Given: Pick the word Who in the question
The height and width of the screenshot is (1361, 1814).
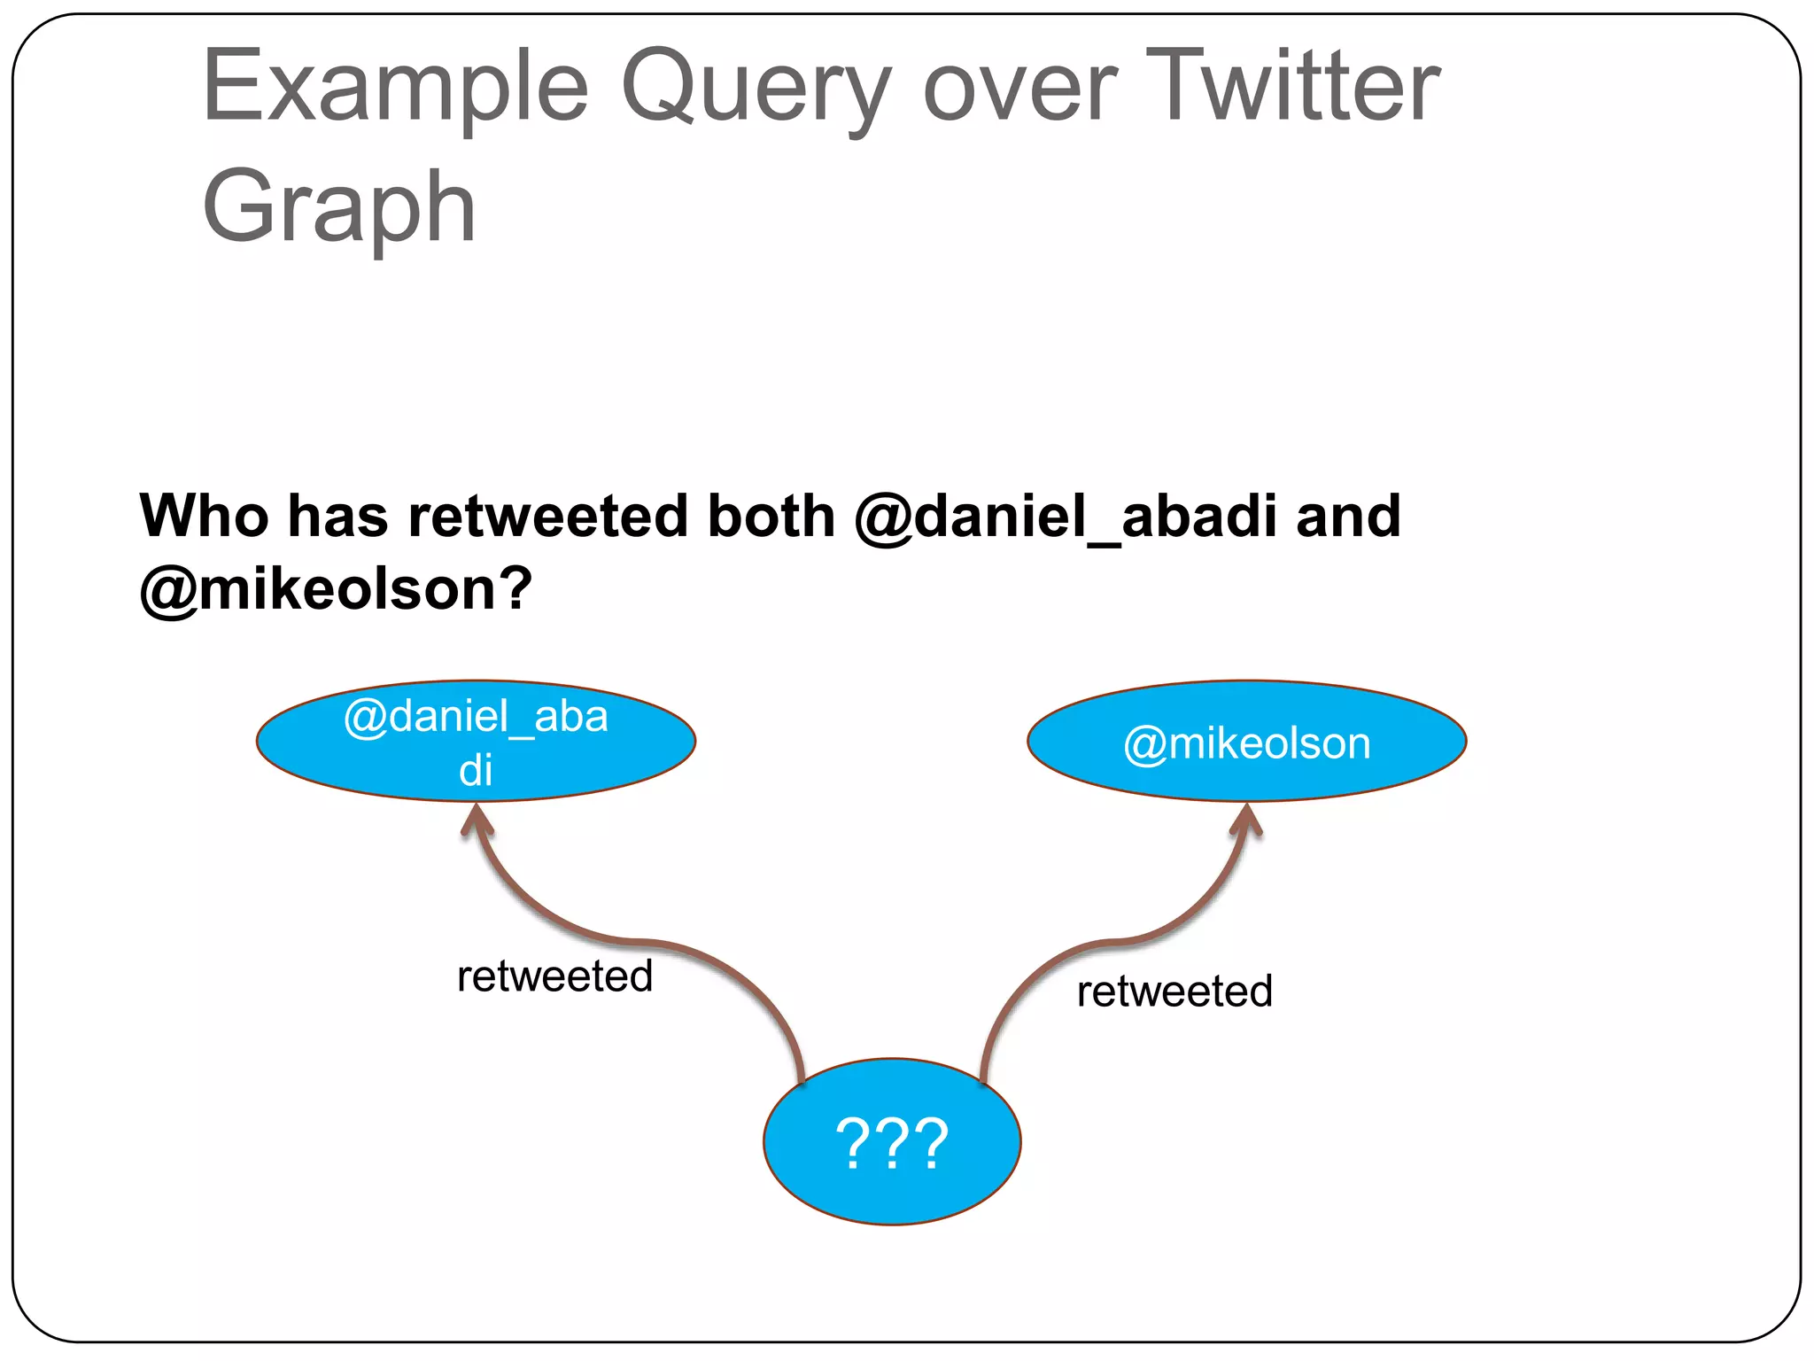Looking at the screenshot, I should tap(204, 516).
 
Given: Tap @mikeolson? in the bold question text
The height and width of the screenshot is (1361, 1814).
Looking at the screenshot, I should tap(336, 589).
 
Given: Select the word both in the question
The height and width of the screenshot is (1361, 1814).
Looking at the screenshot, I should tap(771, 516).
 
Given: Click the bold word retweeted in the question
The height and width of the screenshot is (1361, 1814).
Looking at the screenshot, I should tap(547, 516).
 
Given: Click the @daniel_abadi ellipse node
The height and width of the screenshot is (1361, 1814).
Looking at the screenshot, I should tap(476, 741).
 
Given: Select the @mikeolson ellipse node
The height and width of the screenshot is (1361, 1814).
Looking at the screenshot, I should tap(1246, 742).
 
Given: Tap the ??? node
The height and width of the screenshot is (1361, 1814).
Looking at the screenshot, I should tap(892, 1142).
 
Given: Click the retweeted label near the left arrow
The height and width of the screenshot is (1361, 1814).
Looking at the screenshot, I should tap(554, 976).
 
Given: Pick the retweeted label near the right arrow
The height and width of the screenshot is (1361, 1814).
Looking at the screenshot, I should tap(1174, 992).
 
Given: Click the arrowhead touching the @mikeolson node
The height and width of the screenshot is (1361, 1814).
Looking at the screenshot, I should tap(1246, 820).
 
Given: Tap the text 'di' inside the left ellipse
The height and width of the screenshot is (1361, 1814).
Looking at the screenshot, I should tap(476, 770).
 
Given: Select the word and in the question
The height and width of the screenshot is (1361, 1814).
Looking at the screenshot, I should tap(1347, 516).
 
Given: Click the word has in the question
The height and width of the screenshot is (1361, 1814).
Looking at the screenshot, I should tap(337, 516).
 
